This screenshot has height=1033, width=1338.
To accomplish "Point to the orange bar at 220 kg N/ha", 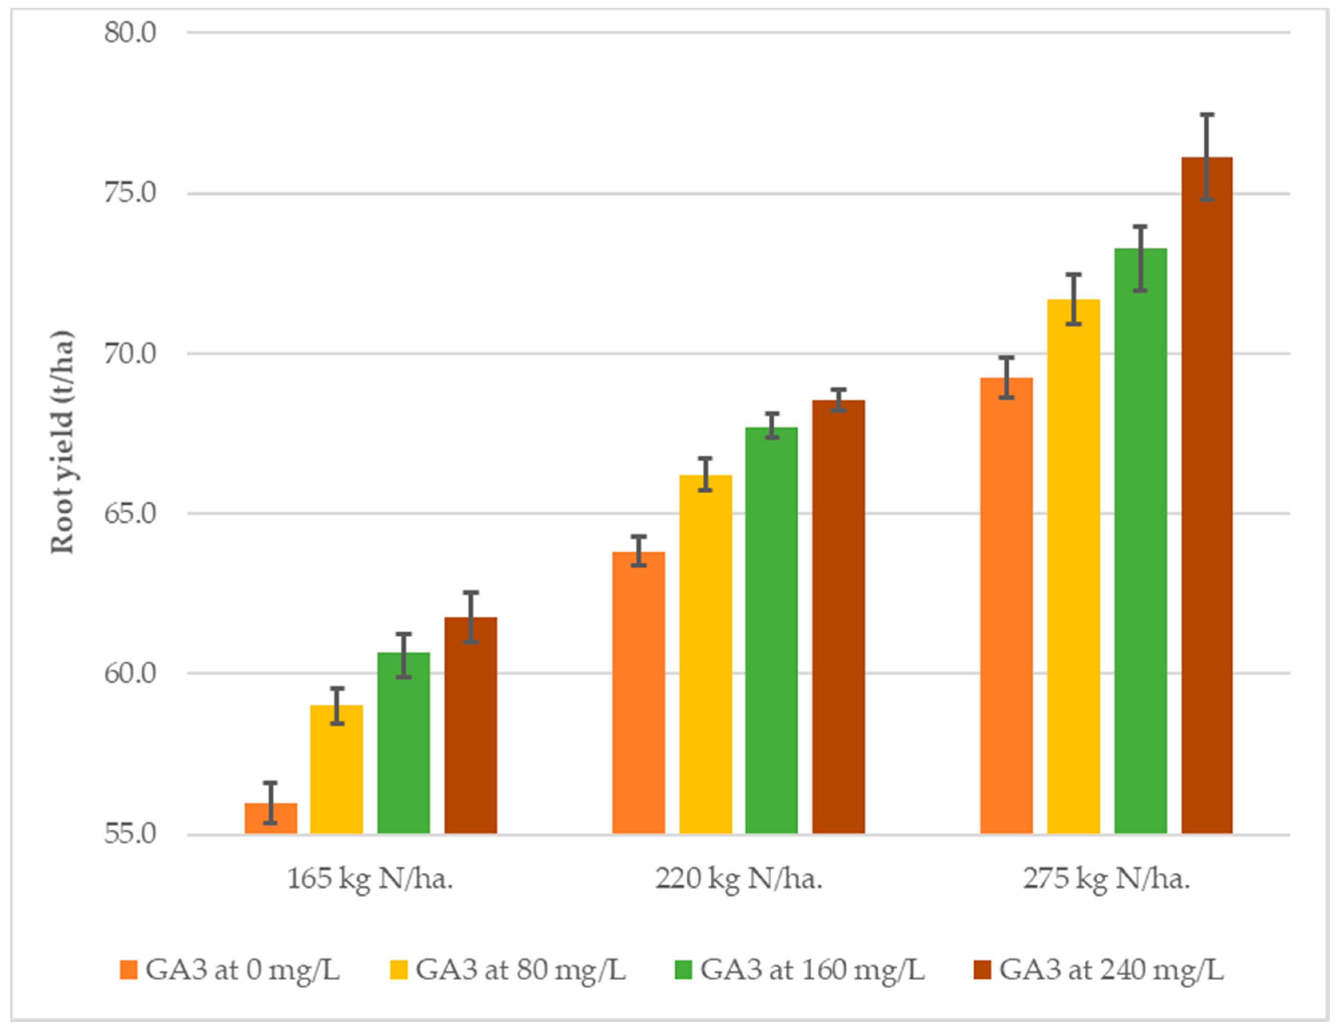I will pos(638,692).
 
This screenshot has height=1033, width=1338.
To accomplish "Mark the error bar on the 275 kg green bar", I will pos(1139,259).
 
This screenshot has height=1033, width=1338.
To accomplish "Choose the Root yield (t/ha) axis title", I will pos(61,443).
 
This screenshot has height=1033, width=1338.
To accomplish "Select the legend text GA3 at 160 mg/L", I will pos(812,970).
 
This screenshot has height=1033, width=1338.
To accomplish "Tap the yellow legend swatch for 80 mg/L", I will pos(399,970).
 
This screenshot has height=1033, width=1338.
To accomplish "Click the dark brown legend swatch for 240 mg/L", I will pos(982,970).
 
